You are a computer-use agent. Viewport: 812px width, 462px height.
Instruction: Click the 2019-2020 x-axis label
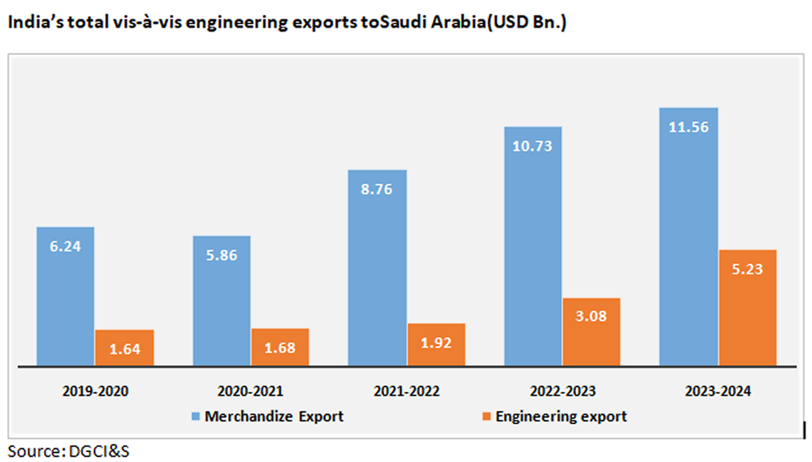coord(95,392)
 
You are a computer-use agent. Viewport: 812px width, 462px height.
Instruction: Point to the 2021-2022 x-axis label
coord(407,392)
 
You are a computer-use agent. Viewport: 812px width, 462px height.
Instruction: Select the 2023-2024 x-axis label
coord(718,392)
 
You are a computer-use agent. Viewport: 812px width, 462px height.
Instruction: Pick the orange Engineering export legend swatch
coord(487,417)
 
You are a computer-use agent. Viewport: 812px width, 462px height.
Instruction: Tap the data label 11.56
coord(689,127)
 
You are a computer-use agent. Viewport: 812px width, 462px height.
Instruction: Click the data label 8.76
coord(377,188)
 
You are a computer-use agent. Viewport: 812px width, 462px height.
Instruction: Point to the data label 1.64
coord(125,348)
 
